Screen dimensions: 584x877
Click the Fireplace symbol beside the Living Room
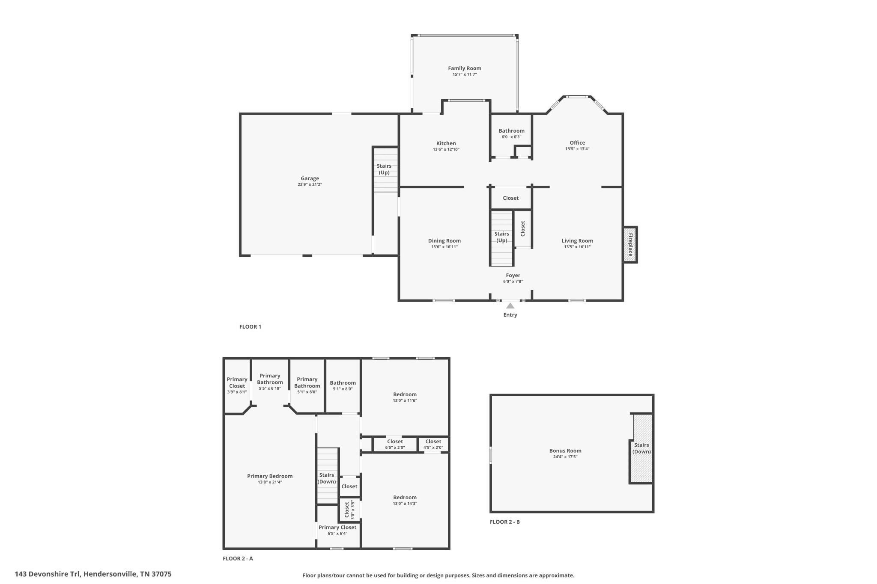630,245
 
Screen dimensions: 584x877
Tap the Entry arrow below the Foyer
510,306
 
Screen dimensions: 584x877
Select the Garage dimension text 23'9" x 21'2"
310,185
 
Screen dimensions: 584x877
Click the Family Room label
465,68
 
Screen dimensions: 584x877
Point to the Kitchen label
446,143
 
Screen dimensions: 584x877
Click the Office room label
577,143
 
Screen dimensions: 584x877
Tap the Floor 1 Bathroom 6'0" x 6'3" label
511,133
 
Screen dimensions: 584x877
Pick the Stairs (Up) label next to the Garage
384,169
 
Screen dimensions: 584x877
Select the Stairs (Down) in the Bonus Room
641,448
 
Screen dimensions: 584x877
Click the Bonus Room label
565,451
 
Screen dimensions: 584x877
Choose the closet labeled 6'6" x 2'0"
395,444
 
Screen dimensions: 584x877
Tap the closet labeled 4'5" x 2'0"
433,444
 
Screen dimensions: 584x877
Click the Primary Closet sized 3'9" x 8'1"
237,385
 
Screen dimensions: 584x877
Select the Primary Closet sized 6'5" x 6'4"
337,530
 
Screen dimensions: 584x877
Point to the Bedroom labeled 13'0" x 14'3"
405,500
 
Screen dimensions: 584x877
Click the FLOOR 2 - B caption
505,522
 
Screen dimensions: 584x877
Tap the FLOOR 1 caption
250,327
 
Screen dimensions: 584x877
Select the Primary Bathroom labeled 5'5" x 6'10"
270,382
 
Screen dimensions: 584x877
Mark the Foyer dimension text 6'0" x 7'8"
513,282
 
